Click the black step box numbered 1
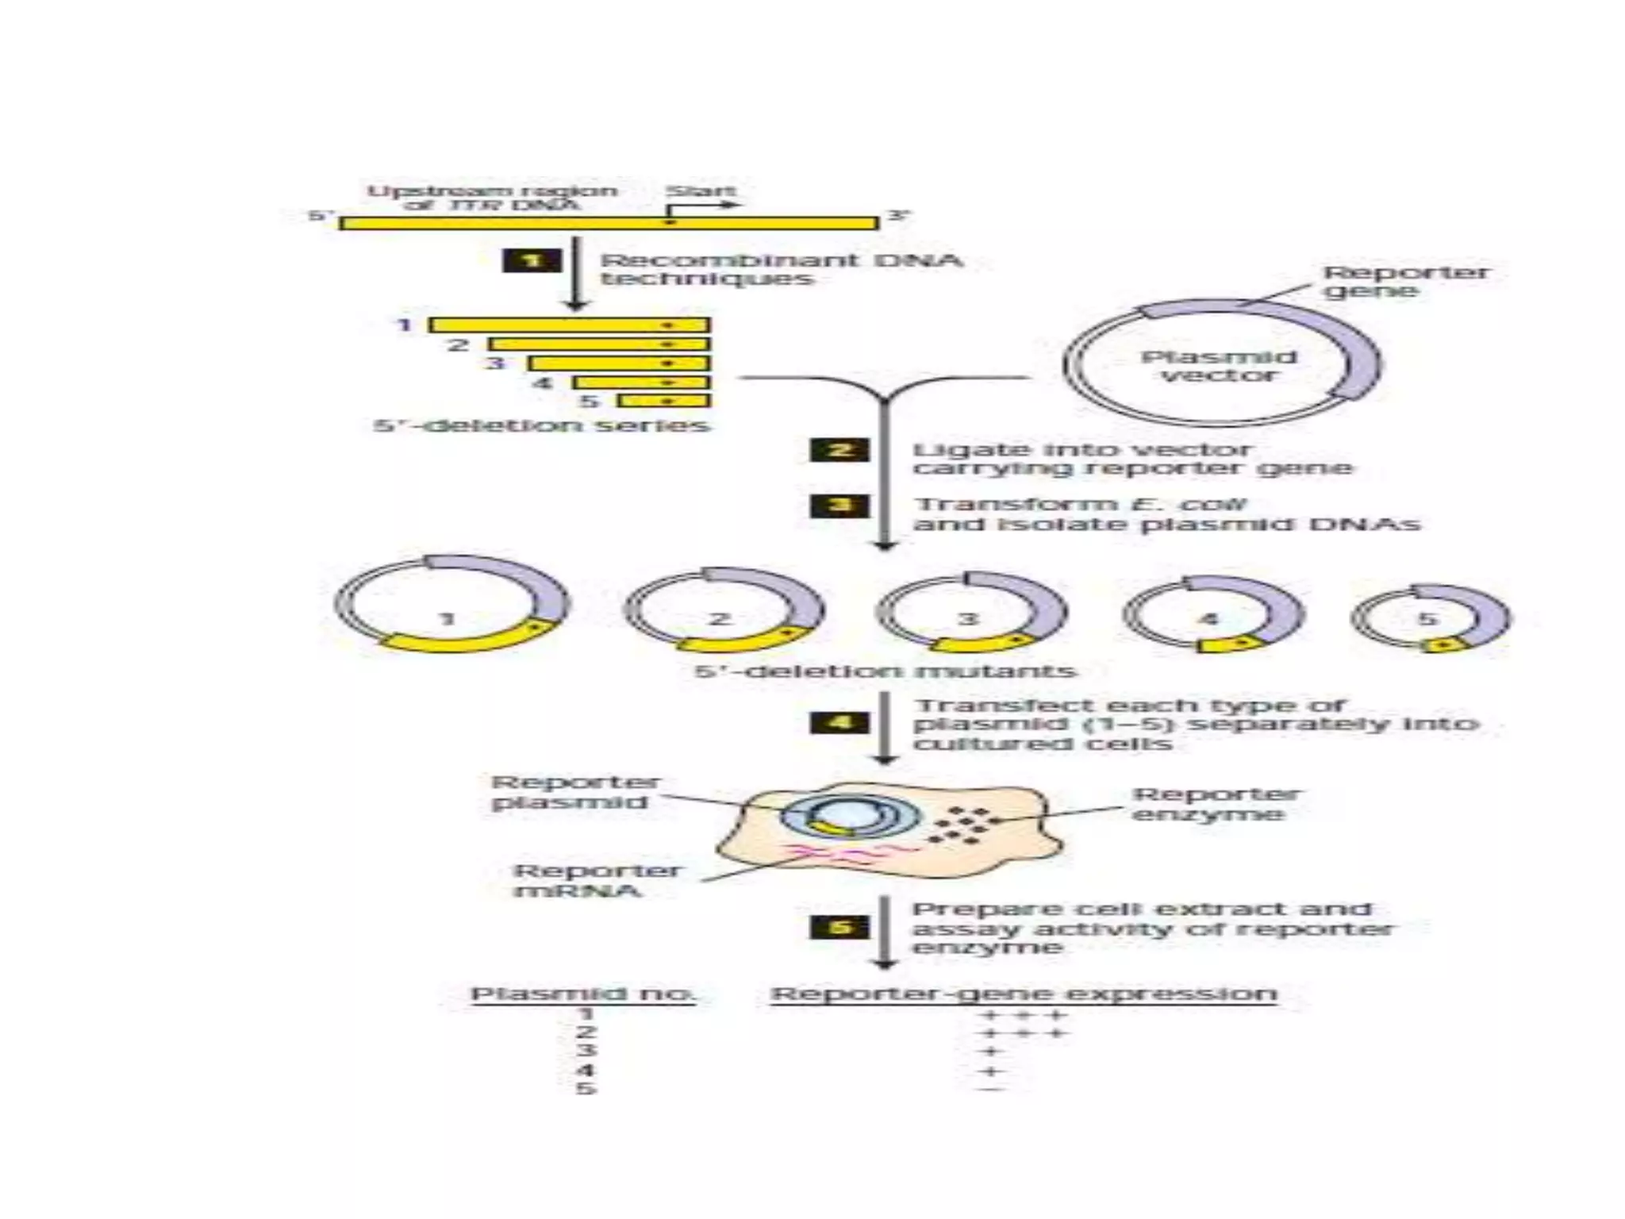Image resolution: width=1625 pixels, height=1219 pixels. tap(532, 260)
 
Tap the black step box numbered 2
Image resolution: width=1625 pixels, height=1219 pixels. tap(839, 450)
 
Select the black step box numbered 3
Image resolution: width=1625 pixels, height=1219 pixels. tap(839, 506)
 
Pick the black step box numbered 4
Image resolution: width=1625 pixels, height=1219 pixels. tap(839, 722)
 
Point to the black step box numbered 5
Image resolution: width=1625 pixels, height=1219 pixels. tap(839, 927)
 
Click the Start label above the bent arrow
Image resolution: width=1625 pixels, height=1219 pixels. tap(701, 191)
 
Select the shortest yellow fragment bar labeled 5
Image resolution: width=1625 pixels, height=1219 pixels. tap(663, 401)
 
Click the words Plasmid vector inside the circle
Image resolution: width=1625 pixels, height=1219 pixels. tap(1219, 366)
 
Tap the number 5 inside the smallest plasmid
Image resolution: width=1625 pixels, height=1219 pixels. tap(1426, 618)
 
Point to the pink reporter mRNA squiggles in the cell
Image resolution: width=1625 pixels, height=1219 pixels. tap(841, 853)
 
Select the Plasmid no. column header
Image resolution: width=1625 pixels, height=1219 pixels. tap(583, 994)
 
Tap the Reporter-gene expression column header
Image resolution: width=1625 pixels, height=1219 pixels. tap(1024, 994)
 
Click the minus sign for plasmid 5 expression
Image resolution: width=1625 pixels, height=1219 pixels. tap(991, 1089)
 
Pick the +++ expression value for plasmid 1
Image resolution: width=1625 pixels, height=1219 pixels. tap(1024, 1014)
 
